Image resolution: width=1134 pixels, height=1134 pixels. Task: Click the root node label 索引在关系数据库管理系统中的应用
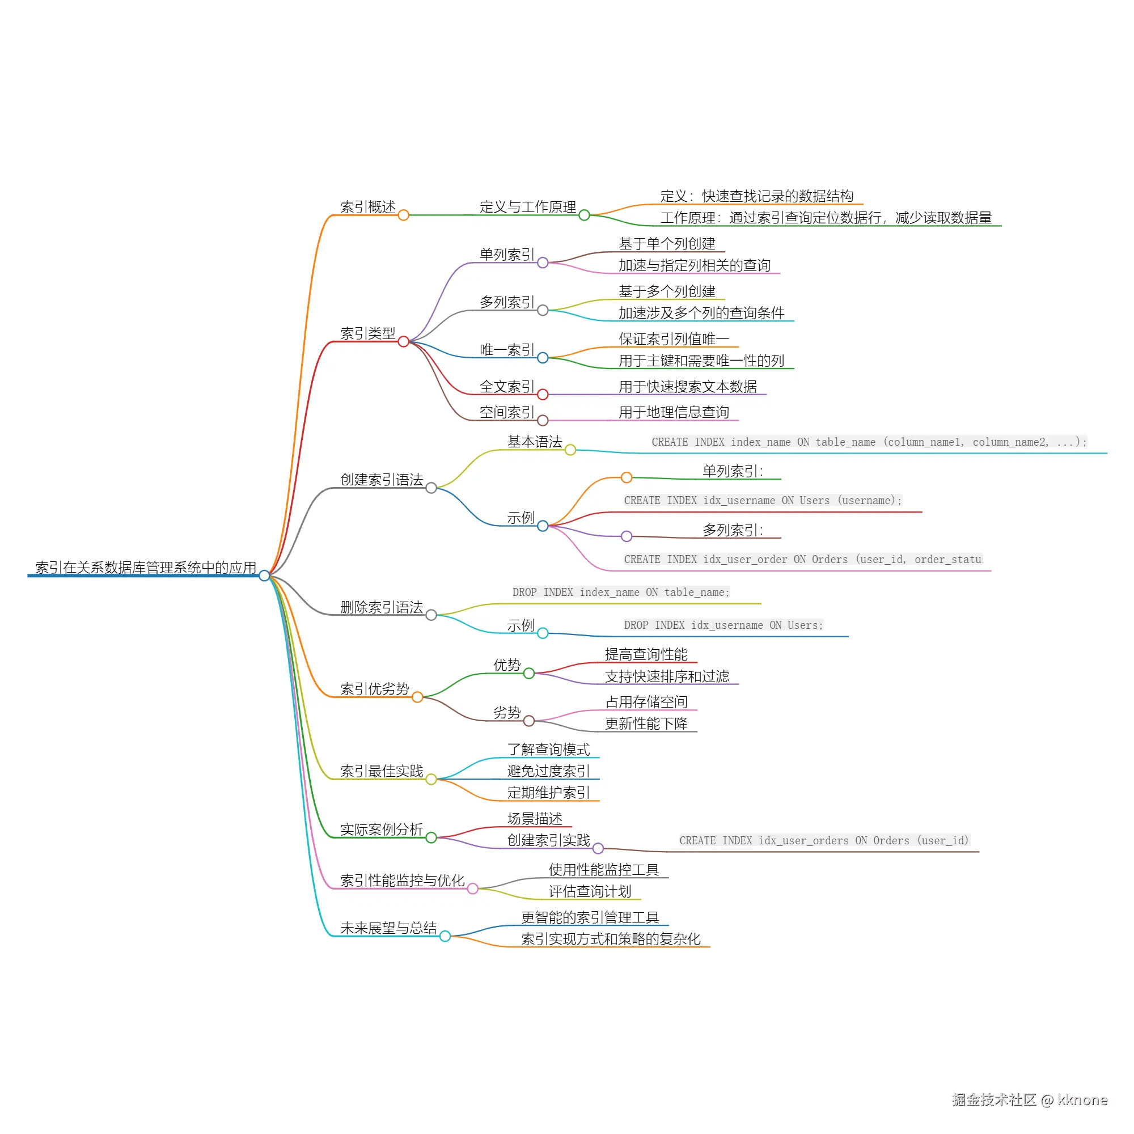[146, 568]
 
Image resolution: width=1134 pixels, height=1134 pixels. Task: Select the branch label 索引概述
[368, 207]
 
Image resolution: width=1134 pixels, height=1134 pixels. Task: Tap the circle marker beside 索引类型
[403, 341]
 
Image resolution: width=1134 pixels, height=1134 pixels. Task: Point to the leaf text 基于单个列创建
[667, 244]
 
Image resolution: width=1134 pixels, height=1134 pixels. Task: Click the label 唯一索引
[507, 350]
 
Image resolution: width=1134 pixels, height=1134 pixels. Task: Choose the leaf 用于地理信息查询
[674, 412]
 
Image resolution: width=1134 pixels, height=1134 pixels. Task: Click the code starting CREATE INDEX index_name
[869, 442]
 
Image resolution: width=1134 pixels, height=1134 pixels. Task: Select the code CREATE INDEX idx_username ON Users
[763, 500]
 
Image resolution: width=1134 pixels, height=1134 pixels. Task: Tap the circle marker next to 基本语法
[570, 450]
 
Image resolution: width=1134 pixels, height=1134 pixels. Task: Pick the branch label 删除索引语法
[382, 607]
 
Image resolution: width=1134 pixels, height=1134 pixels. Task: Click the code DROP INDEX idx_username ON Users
[723, 625]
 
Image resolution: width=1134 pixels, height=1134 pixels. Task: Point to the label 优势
[507, 665]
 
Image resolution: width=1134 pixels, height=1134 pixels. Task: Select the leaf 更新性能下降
[646, 723]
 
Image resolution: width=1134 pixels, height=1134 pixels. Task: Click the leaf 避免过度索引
[549, 771]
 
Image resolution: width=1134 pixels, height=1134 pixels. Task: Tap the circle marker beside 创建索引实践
[598, 848]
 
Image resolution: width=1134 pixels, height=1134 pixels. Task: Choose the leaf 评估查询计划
[590, 891]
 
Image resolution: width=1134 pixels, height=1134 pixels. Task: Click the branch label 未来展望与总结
[388, 928]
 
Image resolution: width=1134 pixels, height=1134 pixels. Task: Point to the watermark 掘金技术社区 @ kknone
[1030, 1100]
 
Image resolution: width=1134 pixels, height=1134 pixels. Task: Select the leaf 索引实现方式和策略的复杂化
[611, 938]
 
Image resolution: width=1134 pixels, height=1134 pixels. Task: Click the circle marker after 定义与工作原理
[584, 215]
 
